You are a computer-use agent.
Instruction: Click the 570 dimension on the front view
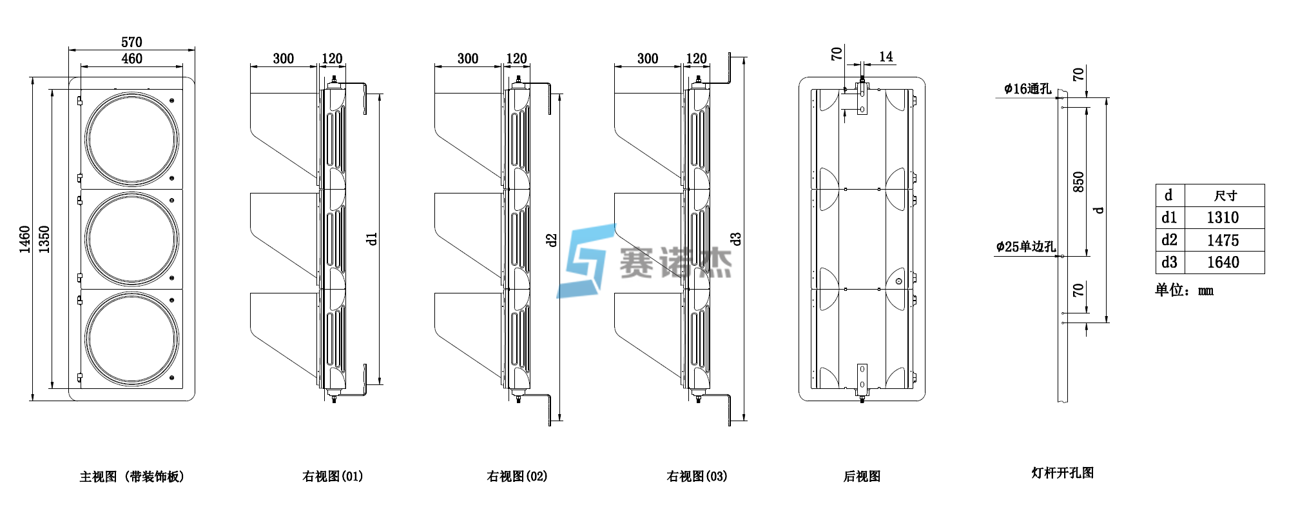131,42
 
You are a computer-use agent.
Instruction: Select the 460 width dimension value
131,59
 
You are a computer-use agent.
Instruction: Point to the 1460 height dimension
24,239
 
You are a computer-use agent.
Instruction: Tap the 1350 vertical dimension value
44,239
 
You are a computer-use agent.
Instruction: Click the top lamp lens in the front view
132,139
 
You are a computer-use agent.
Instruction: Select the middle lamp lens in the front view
132,239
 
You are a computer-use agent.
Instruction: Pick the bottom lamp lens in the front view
132,339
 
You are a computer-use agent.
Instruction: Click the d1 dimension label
371,239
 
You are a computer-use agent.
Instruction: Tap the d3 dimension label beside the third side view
736,239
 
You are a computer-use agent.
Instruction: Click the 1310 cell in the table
1223,218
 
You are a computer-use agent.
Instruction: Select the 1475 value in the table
1223,241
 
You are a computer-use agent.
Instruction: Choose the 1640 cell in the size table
1223,263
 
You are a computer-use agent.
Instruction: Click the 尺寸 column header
1225,196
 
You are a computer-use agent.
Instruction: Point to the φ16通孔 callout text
1027,89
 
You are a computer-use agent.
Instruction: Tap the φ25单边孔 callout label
1025,246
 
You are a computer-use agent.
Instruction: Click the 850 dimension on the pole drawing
1078,182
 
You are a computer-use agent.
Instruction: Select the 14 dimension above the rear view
886,57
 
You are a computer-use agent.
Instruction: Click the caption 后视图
862,477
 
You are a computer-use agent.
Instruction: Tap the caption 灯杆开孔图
1062,473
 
